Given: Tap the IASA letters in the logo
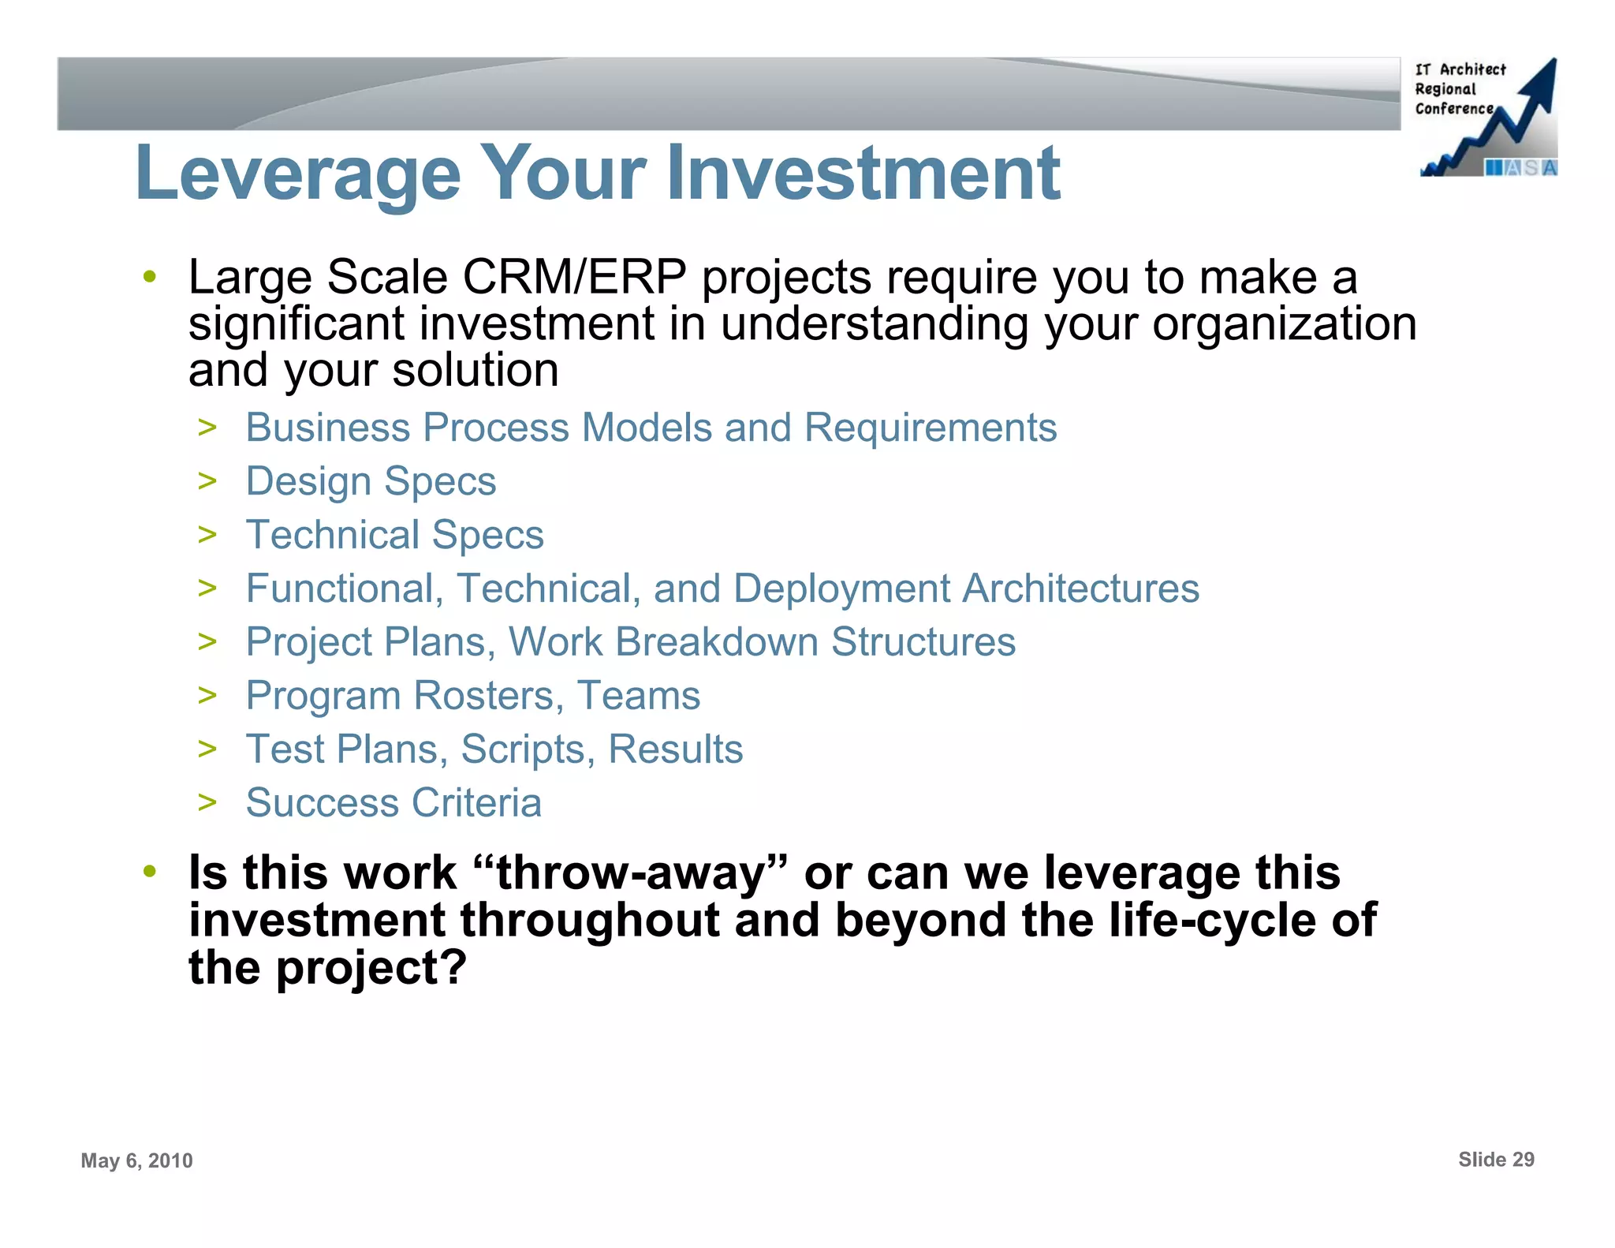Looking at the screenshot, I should pyautogui.click(x=1521, y=168).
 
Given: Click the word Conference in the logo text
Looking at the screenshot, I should pyautogui.click(x=1454, y=109).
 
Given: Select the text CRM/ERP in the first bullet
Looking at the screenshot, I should pyautogui.click(x=574, y=278).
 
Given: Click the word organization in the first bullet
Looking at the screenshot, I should pyautogui.click(x=1284, y=324).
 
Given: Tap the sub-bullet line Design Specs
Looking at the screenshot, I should pyautogui.click(x=371, y=481).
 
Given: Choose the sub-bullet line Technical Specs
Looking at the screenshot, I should pyautogui.click(x=394, y=535).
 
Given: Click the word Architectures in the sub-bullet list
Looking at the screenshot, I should pyautogui.click(x=1080, y=589).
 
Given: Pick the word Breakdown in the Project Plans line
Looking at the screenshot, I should pyautogui.click(x=717, y=642).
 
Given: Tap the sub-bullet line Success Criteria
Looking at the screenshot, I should pyautogui.click(x=393, y=803).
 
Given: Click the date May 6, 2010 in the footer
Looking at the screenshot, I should pyautogui.click(x=136, y=1160).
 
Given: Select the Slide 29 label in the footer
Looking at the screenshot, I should pyautogui.click(x=1496, y=1160).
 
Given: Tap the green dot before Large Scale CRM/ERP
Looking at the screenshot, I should pyautogui.click(x=149, y=278).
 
